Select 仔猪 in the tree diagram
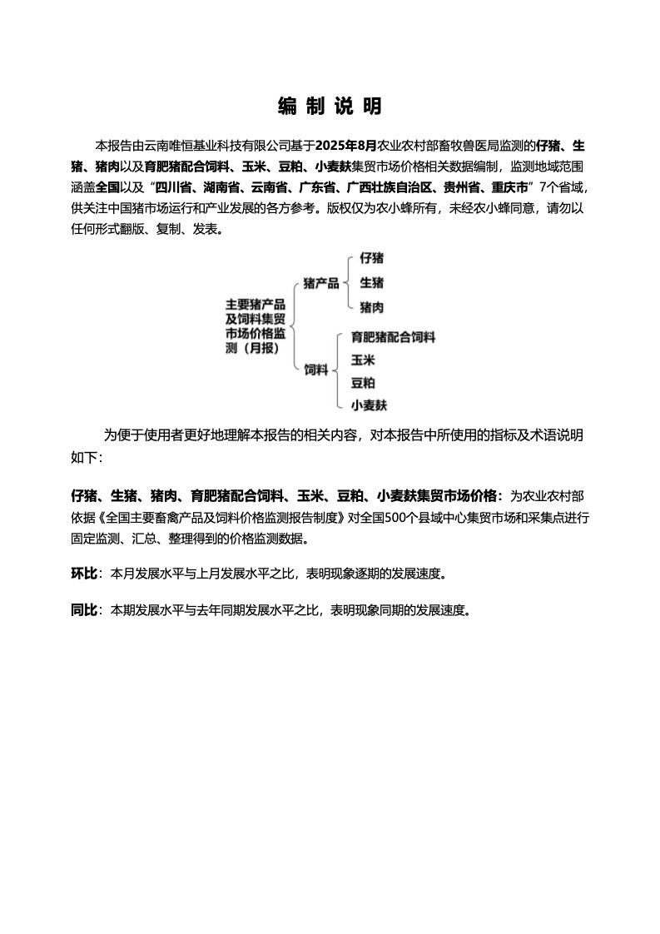371,259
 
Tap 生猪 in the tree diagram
371,283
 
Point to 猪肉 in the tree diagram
371,307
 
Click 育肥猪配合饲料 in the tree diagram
393,337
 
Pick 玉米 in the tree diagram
362,360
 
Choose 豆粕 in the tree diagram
362,383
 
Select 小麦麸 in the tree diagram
369,405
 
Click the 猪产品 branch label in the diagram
321,283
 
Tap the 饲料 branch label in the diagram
315,370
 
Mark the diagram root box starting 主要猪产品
256,326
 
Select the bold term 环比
83,574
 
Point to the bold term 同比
83,609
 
